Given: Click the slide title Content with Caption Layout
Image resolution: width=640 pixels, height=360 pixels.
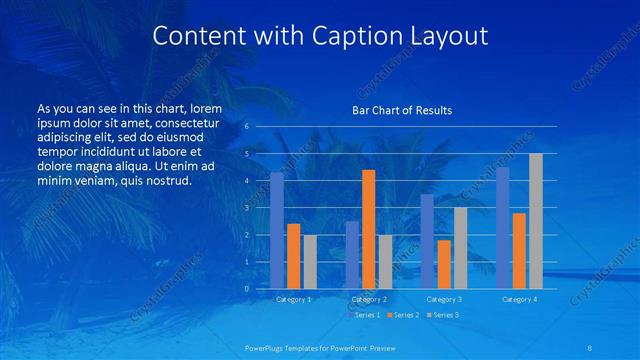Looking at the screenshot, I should [320, 36].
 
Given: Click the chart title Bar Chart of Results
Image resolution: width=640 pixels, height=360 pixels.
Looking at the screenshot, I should [401, 110].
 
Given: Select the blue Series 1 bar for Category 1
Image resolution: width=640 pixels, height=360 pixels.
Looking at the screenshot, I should [277, 230].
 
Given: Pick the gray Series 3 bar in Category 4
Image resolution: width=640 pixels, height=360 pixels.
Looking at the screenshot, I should [536, 220].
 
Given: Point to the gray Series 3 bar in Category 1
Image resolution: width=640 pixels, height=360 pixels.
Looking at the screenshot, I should [310, 261].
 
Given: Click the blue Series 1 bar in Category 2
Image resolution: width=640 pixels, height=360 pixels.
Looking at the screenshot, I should [352, 254].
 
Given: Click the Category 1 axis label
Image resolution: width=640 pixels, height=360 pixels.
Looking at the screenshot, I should [293, 299].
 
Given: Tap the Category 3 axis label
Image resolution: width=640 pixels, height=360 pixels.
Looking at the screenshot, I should [444, 299].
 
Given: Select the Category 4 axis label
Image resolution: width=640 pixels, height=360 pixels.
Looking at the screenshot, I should [519, 299].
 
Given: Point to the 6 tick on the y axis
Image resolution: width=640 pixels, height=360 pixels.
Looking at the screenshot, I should [246, 127].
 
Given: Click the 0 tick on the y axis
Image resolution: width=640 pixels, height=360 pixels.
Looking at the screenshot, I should [246, 288].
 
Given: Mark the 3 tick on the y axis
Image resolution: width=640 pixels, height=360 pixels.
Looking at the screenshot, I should [246, 208].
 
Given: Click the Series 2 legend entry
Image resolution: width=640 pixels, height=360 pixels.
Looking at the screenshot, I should [402, 315].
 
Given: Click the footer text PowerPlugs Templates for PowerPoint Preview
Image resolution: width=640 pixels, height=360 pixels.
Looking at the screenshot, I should [320, 347].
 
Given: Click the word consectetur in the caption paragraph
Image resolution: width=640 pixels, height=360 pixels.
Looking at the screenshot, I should [181, 120].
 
